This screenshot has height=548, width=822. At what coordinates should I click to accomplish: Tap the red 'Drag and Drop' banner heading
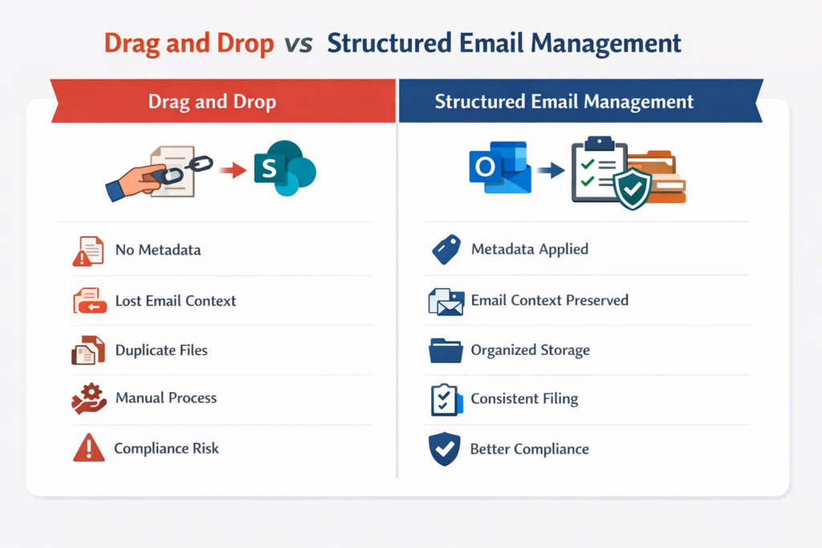pyautogui.click(x=212, y=102)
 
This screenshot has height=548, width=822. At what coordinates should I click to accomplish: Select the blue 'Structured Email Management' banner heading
pyautogui.click(x=564, y=102)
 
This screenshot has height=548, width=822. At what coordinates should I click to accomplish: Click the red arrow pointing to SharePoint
pyautogui.click(x=233, y=170)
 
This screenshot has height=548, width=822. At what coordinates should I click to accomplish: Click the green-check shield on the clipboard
pyautogui.click(x=633, y=189)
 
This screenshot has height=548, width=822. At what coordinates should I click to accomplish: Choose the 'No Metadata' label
pyautogui.click(x=158, y=250)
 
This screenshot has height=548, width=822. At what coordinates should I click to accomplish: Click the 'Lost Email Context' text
pyautogui.click(x=176, y=301)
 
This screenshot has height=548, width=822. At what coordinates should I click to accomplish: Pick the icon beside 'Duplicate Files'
pyautogui.click(x=87, y=351)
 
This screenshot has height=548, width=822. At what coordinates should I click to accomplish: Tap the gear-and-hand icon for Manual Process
pyautogui.click(x=87, y=399)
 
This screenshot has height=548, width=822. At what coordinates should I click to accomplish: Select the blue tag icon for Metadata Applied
pyautogui.click(x=446, y=250)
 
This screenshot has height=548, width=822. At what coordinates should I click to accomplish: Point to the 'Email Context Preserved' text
pyautogui.click(x=549, y=301)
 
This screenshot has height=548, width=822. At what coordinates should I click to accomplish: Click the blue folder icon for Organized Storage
pyautogui.click(x=446, y=351)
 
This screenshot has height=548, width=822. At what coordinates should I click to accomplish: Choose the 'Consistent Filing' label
pyautogui.click(x=524, y=399)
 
